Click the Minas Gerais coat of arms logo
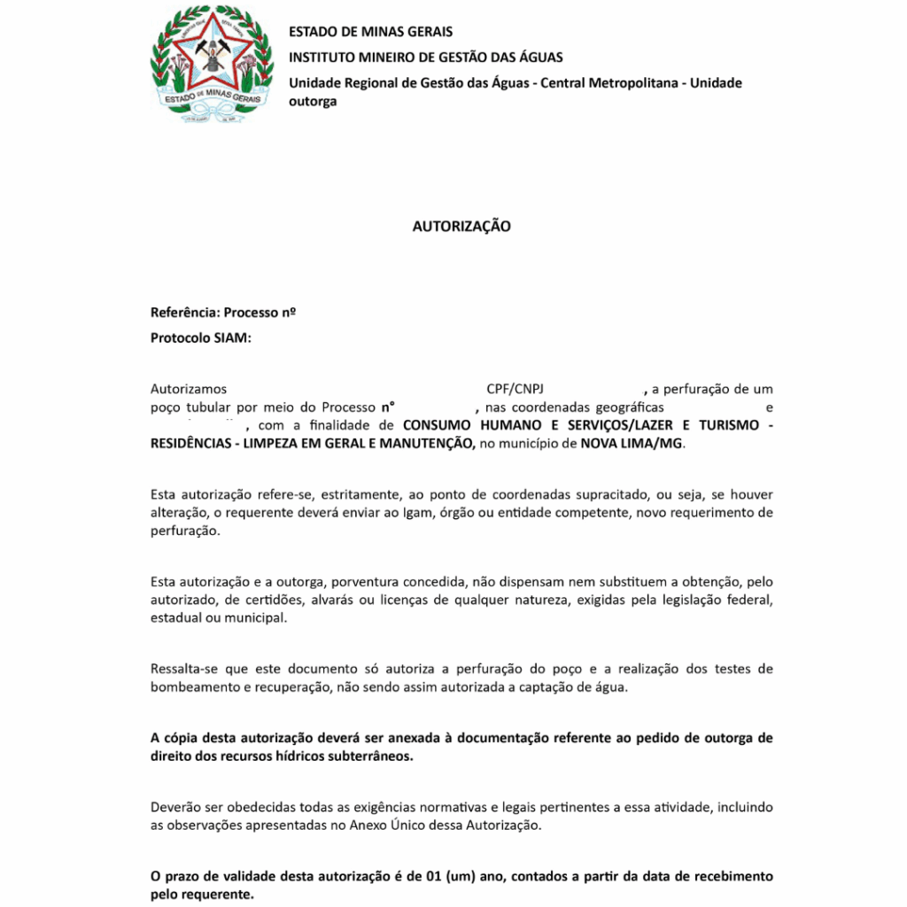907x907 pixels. click(x=213, y=65)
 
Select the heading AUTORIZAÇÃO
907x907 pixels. click(x=461, y=227)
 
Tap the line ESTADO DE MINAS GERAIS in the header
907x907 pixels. click(x=370, y=32)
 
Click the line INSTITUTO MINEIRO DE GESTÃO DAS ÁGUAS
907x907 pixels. click(x=425, y=58)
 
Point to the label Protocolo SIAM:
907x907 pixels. click(x=201, y=337)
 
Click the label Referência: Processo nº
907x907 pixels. click(x=223, y=313)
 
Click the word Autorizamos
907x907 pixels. click(x=189, y=389)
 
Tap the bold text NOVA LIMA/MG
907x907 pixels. click(x=632, y=443)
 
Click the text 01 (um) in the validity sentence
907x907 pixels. click(x=454, y=877)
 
